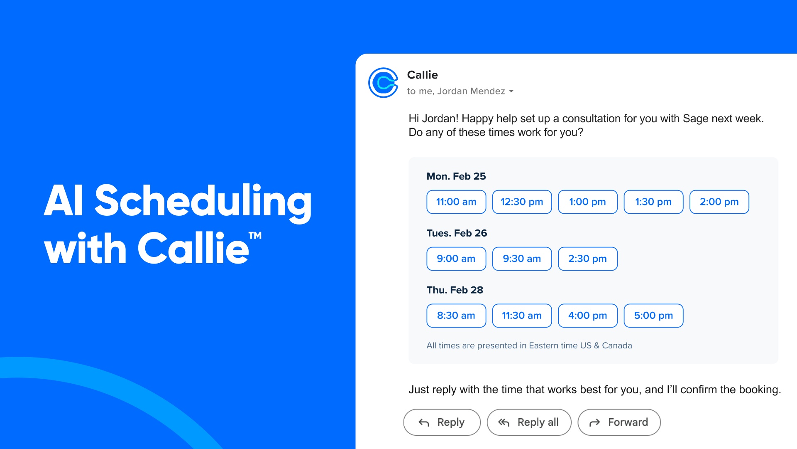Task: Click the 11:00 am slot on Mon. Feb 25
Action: pos(456,202)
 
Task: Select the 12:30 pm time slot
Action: pos(522,202)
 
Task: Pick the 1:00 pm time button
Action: pos(588,202)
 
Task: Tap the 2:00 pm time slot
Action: pos(719,202)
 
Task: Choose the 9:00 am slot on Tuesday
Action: pos(456,259)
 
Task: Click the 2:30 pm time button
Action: pos(588,259)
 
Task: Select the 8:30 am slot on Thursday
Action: pos(456,316)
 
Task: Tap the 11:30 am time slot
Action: pos(522,316)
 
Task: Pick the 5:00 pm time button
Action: pos(653,316)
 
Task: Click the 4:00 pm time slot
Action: pos(588,316)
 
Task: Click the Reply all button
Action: pos(529,422)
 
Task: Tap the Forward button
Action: pos(619,422)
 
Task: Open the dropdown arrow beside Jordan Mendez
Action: pos(511,91)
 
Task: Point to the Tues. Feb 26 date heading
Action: pos(457,233)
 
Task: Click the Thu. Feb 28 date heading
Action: pos(455,290)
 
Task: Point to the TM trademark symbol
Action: pos(255,236)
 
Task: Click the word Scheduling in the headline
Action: pos(203,202)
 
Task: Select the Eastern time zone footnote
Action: pos(529,345)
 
